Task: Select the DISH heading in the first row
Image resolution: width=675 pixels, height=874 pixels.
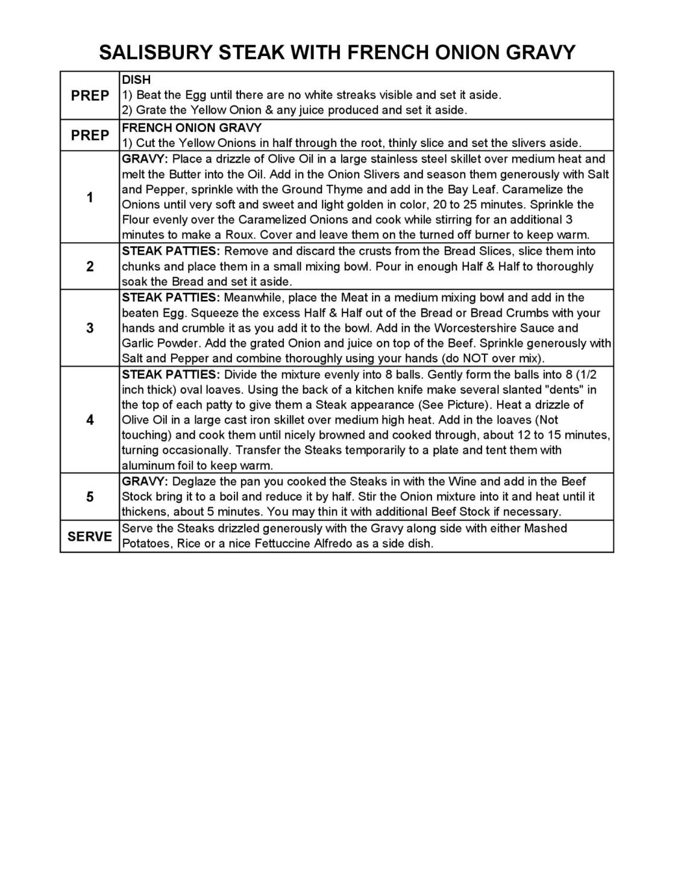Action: coord(136,80)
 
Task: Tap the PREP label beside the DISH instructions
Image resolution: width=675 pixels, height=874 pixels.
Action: coord(90,96)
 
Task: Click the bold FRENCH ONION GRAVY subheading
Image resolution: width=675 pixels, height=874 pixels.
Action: coord(192,128)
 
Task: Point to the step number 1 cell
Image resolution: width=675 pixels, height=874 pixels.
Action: coord(90,198)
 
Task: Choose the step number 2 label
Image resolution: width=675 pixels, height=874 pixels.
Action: coord(90,267)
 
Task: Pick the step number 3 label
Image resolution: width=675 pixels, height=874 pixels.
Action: coord(90,328)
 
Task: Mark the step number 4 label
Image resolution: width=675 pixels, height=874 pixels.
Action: coord(90,420)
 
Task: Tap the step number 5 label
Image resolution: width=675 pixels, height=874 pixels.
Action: coord(90,497)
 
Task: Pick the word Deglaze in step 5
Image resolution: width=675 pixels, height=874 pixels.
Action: coord(193,481)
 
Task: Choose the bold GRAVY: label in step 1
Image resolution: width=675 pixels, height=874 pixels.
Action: coord(145,159)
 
